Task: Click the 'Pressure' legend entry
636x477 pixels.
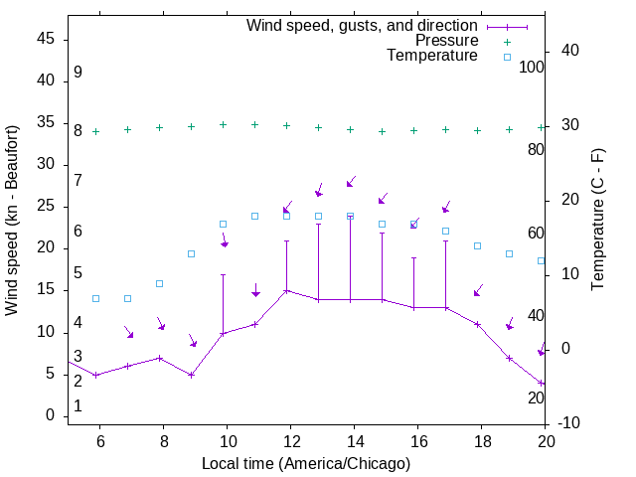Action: (446, 41)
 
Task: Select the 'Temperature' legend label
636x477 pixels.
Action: (432, 56)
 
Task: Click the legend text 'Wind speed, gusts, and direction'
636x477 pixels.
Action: (363, 25)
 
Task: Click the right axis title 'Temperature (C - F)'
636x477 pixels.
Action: (597, 221)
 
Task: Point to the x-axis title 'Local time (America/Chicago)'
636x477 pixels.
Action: (306, 464)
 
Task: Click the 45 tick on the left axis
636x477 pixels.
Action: (46, 38)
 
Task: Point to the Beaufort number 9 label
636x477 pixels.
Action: (78, 73)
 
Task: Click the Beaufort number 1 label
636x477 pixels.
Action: (78, 406)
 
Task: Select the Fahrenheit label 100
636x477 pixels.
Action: (532, 67)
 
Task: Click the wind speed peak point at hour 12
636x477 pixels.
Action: (287, 291)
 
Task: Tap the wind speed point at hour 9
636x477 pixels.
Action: (191, 375)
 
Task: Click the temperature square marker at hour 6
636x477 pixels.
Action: (95, 298)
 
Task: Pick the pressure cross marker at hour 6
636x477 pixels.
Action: (95, 131)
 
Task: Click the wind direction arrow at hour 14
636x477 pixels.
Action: (350, 183)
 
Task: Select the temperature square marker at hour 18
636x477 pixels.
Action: (477, 245)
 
